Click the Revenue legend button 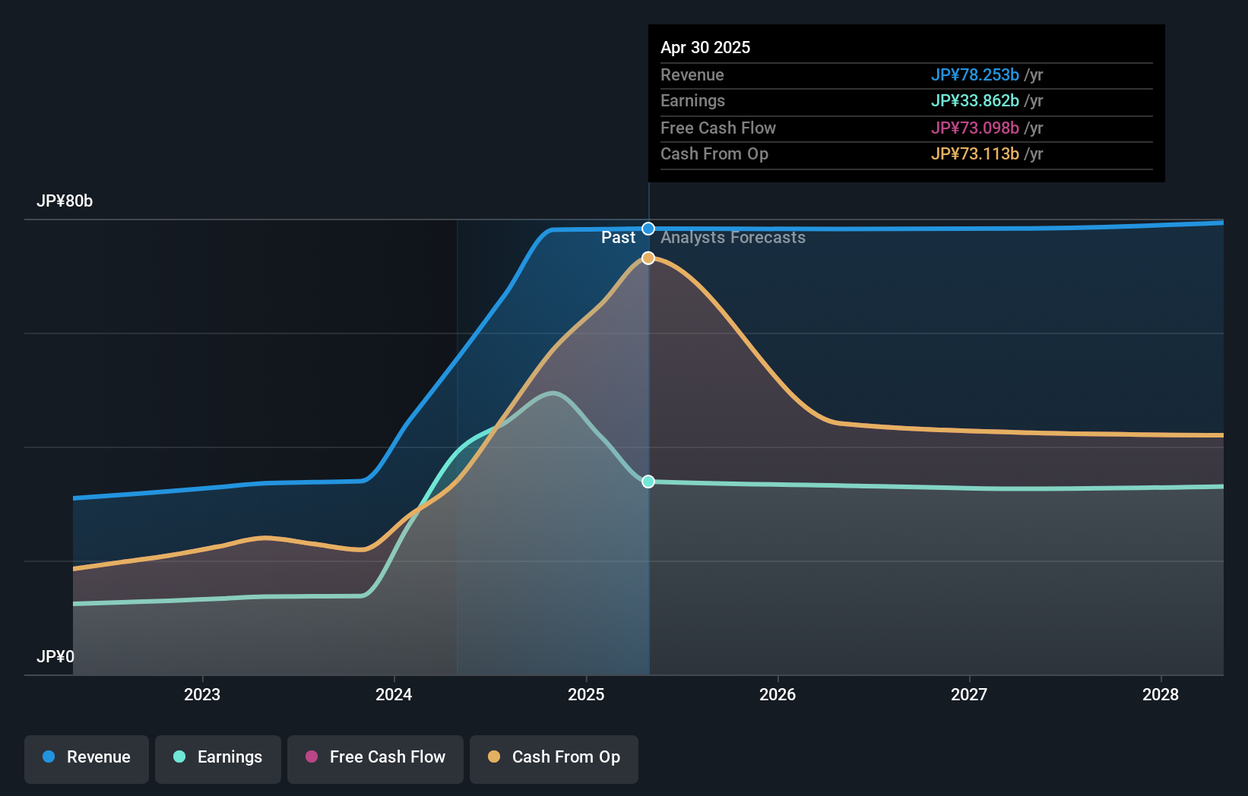click(x=87, y=757)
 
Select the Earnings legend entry click(x=218, y=757)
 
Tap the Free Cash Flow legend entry click(x=375, y=757)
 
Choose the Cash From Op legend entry click(x=554, y=757)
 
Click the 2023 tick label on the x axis click(x=202, y=694)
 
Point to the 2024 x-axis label click(x=394, y=694)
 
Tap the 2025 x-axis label click(x=586, y=694)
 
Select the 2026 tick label click(x=778, y=694)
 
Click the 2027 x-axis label click(x=969, y=694)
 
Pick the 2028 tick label click(x=1161, y=694)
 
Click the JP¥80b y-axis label click(x=65, y=201)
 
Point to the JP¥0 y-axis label click(x=55, y=656)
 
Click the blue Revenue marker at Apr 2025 click(x=648, y=229)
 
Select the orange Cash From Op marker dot click(x=648, y=258)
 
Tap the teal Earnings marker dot click(x=648, y=482)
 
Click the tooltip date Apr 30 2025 click(x=705, y=47)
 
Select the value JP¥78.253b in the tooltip click(x=974, y=74)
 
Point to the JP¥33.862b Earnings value click(x=974, y=101)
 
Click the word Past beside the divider click(x=618, y=238)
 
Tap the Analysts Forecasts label click(x=733, y=238)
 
